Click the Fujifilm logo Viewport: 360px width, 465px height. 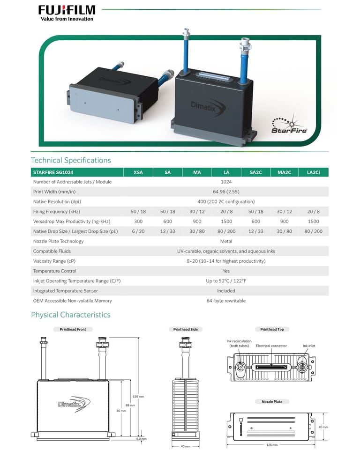pyautogui.click(x=67, y=13)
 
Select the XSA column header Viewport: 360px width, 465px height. pyautogui.click(x=138, y=172)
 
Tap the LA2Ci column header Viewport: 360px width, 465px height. pyautogui.click(x=314, y=172)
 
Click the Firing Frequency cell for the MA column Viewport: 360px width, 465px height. pyautogui.click(x=197, y=212)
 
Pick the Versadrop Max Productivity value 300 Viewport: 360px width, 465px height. pyautogui.click(x=138, y=221)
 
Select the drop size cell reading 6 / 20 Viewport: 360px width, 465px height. pyautogui.click(x=138, y=231)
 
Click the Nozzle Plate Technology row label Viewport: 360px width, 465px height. pyautogui.click(x=58, y=241)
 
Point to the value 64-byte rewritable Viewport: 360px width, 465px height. pyautogui.click(x=226, y=301)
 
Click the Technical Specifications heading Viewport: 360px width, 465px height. pyautogui.click(x=71, y=160)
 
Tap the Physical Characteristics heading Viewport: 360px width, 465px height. pyautogui.click(x=71, y=315)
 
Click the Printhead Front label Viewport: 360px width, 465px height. pyautogui.click(x=73, y=329)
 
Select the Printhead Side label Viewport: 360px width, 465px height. pyautogui.click(x=185, y=329)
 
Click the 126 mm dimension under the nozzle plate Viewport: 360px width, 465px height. pyautogui.click(x=272, y=445)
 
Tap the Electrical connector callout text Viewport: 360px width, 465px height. pyautogui.click(x=271, y=346)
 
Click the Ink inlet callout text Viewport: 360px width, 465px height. pyautogui.click(x=309, y=346)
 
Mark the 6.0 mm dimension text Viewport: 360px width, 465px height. pyautogui.click(x=142, y=439)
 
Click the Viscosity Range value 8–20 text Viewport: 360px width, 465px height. pyautogui.click(x=226, y=261)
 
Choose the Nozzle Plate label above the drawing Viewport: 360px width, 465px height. pyautogui.click(x=272, y=401)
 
